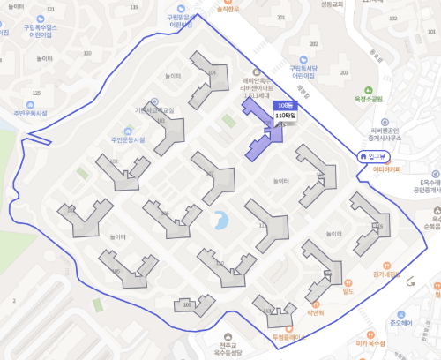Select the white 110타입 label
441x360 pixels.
coord(286,115)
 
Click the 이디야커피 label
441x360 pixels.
coord(386,168)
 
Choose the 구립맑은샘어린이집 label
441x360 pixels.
coord(180,21)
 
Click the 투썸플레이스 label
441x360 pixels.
coord(287,337)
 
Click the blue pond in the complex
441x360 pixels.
coord(220,218)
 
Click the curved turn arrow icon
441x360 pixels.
coord(411,281)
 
